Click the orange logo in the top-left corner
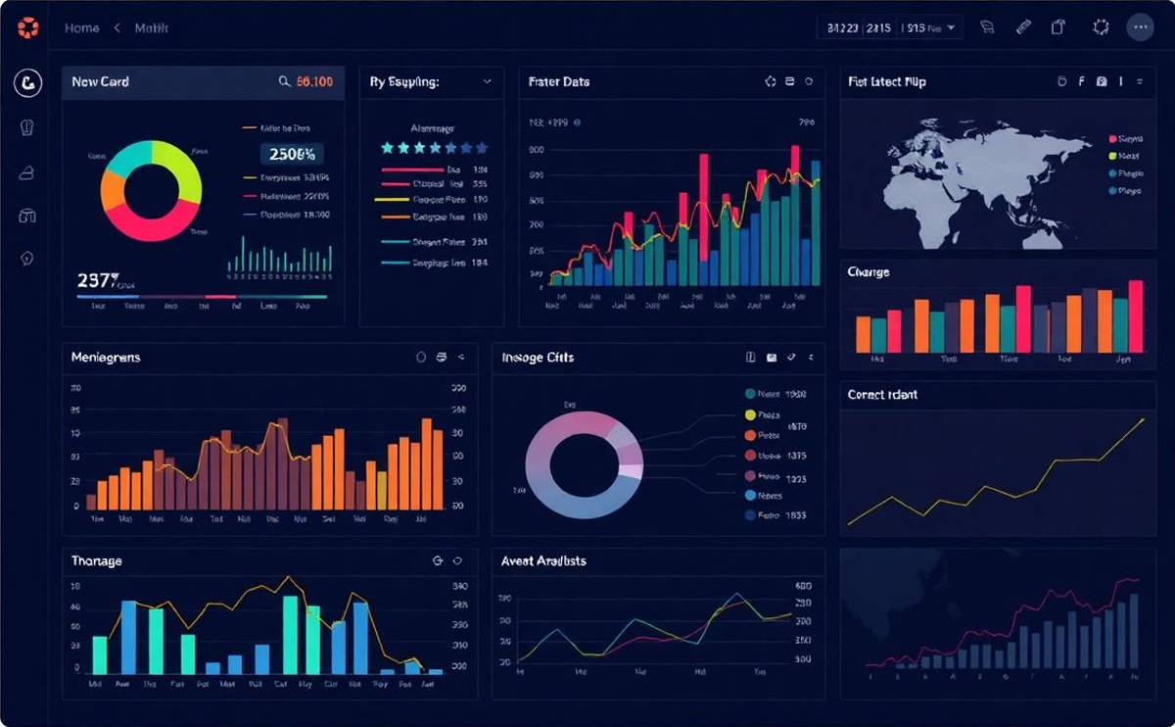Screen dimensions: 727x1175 pos(28,28)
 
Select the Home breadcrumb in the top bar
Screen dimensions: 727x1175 pos(81,28)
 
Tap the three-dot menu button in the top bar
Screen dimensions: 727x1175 pos(1140,27)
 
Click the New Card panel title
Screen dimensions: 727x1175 pos(100,82)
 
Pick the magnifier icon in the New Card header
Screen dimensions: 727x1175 pos(284,82)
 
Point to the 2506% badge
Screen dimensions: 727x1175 pos(291,154)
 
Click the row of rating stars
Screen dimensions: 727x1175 pos(434,148)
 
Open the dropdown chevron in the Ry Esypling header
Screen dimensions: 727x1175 pos(487,82)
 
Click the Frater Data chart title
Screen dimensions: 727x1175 pos(558,82)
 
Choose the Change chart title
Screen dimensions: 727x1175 pos(869,271)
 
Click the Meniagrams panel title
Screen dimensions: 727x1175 pos(106,358)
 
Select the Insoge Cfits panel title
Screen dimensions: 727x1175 pos(538,358)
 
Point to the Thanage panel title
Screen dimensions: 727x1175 pos(96,561)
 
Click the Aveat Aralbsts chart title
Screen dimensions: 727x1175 pos(543,561)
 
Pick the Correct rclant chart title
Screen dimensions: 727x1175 pos(882,395)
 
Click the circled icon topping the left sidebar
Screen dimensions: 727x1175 pos(27,83)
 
